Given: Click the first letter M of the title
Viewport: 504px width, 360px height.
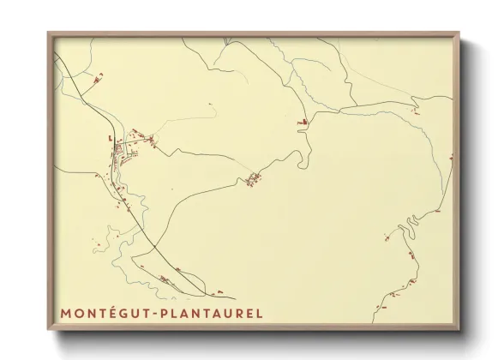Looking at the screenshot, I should click(66, 314).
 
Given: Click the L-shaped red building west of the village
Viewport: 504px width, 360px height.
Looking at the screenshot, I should click(110, 135).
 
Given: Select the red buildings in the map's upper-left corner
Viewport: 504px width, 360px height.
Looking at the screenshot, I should click(97, 78).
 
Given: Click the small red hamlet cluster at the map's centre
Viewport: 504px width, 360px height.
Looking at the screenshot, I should click(254, 178).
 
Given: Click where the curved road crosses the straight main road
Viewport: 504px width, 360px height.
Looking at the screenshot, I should click(156, 249).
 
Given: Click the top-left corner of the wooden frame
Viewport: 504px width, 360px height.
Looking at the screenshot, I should click(48, 33).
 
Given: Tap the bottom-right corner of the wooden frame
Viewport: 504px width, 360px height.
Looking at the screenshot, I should click(460, 331).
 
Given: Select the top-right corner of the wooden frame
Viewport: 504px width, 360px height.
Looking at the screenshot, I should click(460, 33).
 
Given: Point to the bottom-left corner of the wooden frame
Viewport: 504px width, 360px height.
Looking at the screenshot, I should click(48, 331).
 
